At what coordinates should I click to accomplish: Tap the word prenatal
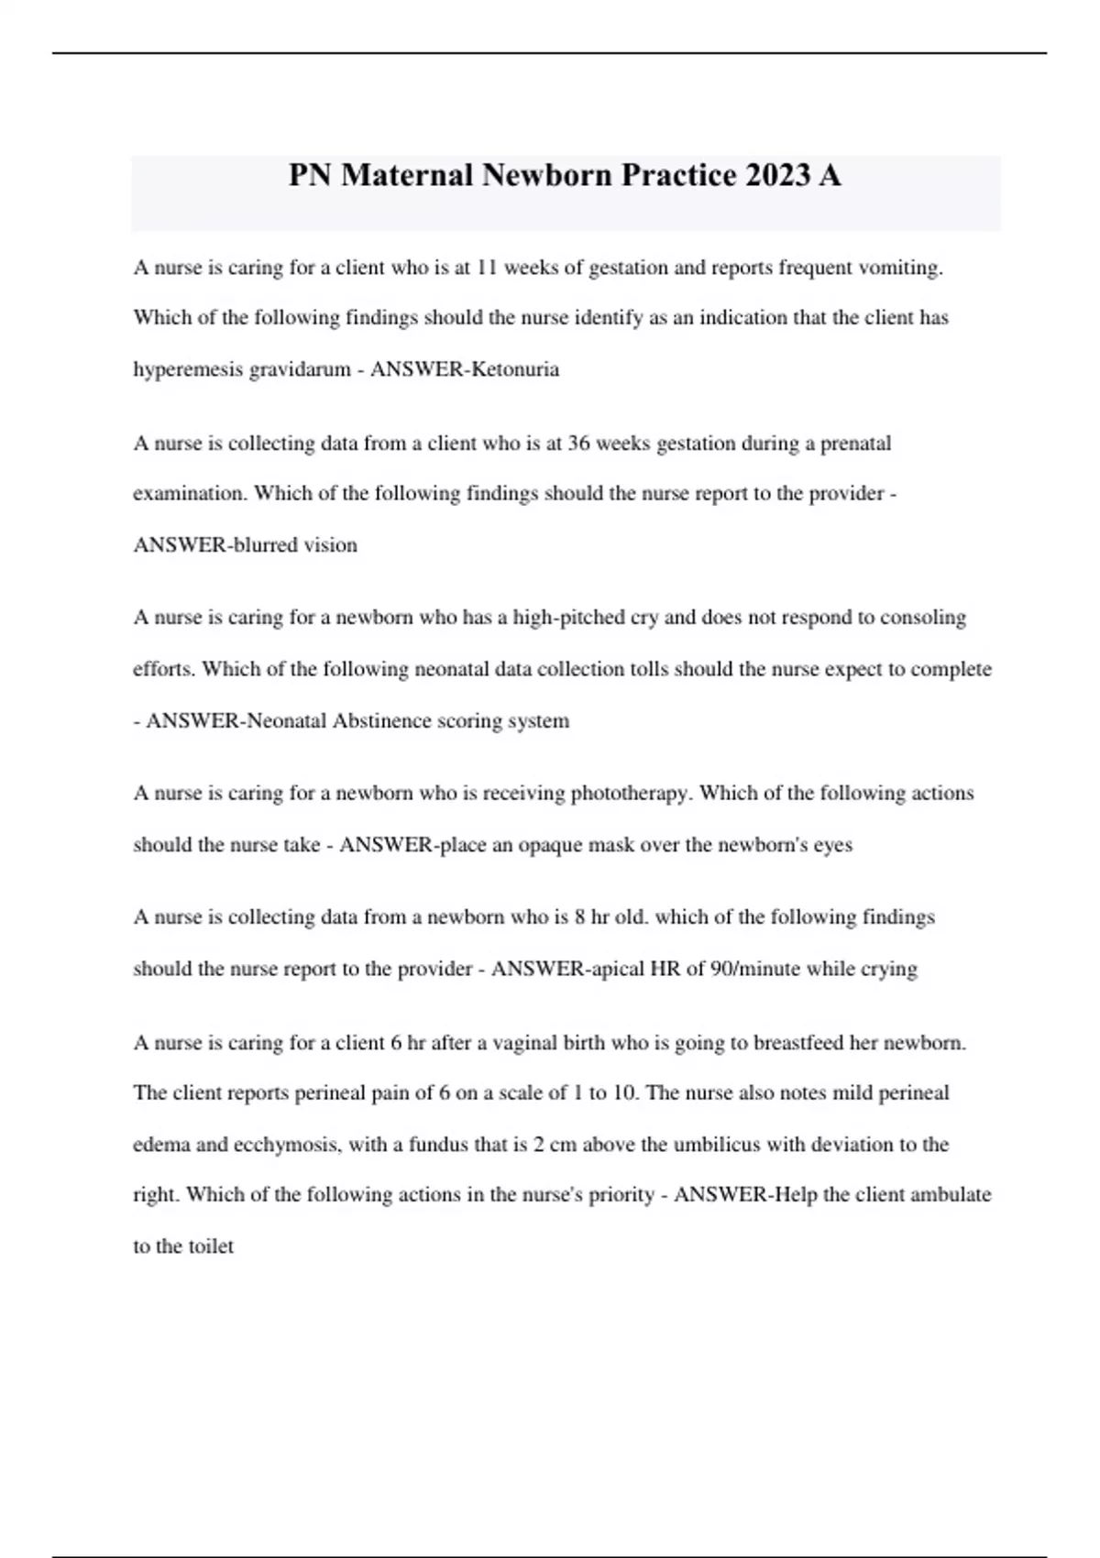pyautogui.click(x=855, y=444)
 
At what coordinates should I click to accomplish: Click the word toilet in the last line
pyautogui.click(x=211, y=1246)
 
